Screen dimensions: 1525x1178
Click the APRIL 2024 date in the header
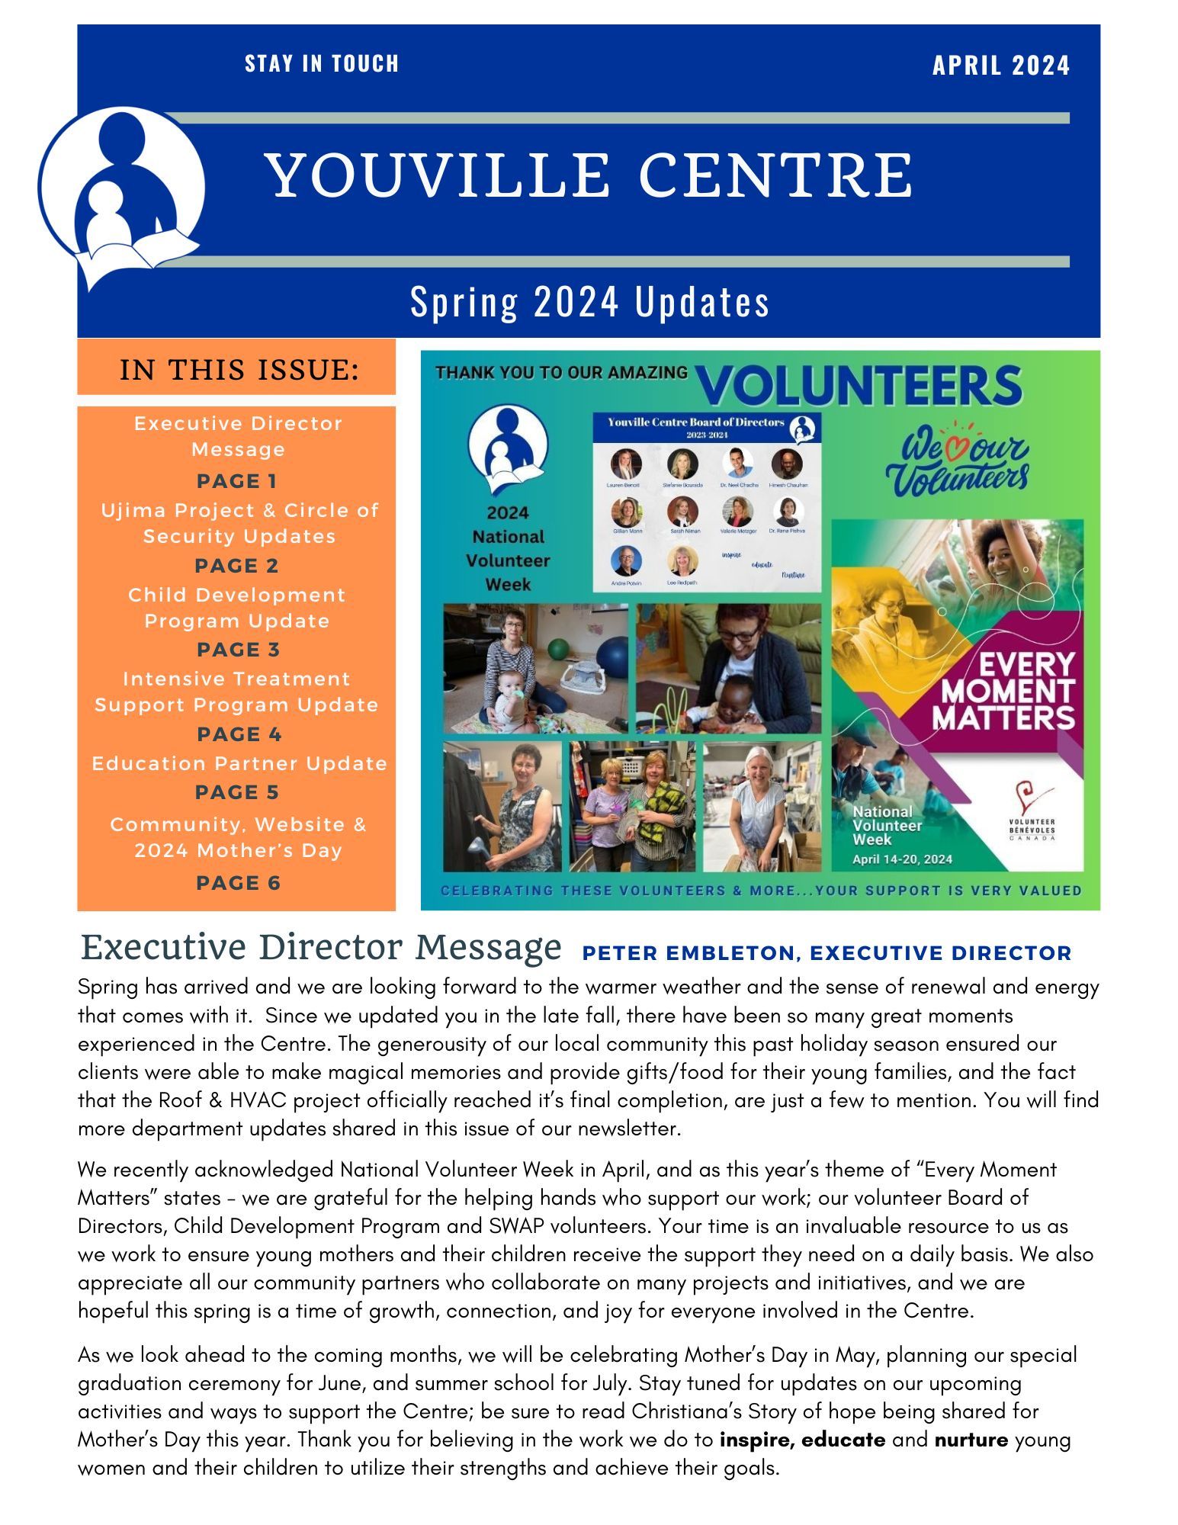[1000, 66]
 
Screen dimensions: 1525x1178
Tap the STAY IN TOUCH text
[322, 63]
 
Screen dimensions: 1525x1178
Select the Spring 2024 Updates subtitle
[589, 301]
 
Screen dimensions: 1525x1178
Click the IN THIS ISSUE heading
[239, 370]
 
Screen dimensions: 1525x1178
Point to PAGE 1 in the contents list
[237, 481]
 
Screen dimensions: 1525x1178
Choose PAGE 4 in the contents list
[239, 734]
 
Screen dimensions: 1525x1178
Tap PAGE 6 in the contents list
[238, 883]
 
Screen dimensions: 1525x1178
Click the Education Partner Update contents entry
[239, 763]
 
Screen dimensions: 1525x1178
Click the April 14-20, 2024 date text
[902, 859]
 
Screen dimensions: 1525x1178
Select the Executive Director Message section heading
[321, 948]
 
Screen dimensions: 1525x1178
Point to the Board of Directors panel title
[695, 422]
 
